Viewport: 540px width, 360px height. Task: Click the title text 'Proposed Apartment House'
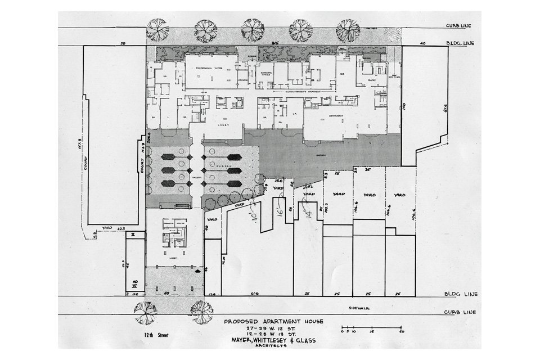pos(273,322)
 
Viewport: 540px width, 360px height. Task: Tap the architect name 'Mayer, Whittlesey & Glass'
pos(273,339)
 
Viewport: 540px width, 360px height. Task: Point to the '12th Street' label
pos(155,334)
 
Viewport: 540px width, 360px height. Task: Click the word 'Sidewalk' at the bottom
pos(358,308)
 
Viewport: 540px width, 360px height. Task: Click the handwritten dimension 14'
pos(307,215)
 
